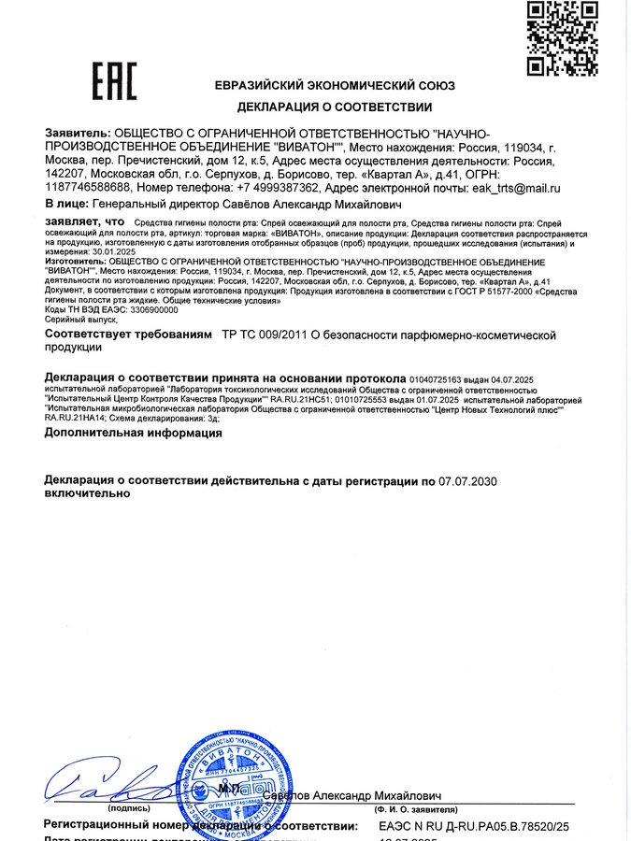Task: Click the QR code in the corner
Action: [562, 38]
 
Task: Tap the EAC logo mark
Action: [113, 81]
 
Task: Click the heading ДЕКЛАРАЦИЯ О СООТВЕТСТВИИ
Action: [334, 107]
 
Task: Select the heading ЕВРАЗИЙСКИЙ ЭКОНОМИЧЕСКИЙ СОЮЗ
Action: [334, 84]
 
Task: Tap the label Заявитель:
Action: [78, 134]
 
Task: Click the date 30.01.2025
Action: [114, 251]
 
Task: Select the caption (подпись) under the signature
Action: [128, 808]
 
